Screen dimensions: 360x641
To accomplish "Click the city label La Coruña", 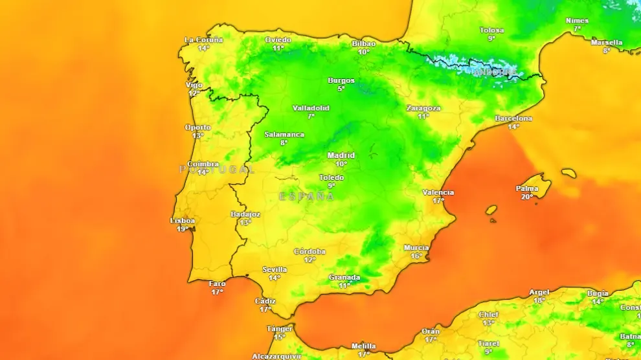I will click(203, 40).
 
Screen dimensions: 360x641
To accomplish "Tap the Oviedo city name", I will click(278, 40).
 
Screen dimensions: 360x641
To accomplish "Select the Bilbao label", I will click(363, 44).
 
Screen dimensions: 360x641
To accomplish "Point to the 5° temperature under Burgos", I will click(341, 89).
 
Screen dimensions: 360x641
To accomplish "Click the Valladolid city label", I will click(311, 108).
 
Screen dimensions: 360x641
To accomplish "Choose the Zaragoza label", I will click(423, 108).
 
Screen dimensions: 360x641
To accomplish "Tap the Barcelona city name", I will click(513, 118).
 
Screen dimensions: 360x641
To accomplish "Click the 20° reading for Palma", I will click(527, 197).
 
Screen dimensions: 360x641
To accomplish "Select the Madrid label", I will click(341, 155).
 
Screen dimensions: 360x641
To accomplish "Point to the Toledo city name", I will click(332, 177).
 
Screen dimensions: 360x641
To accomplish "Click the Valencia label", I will click(438, 192).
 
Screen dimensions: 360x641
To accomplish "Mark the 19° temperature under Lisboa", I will click(183, 229).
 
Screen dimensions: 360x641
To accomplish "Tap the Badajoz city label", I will click(245, 214).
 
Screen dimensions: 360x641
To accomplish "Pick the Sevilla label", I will click(275, 269).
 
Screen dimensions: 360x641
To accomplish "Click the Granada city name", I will click(344, 277).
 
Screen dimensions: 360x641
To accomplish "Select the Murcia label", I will click(416, 248).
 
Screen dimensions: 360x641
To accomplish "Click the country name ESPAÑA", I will click(307, 196).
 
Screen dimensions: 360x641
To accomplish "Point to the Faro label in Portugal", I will click(218, 284).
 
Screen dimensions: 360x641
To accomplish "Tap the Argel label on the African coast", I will click(539, 293).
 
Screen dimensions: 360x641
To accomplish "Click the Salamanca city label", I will click(284, 135).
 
